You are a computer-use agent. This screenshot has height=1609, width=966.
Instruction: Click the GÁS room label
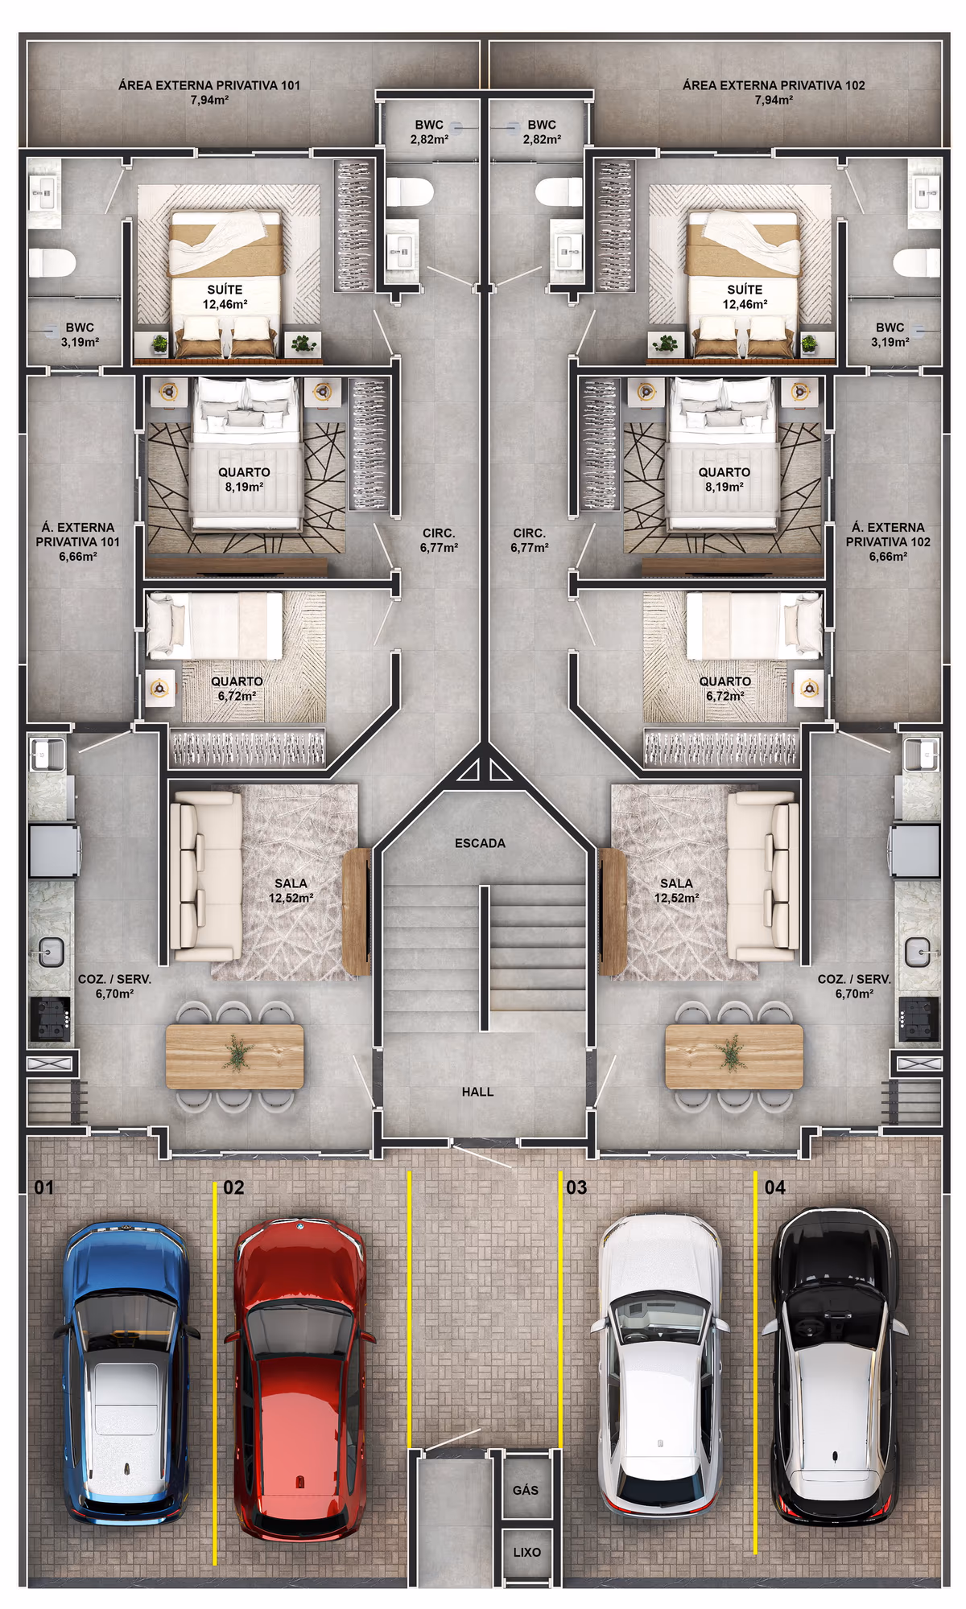point(526,1490)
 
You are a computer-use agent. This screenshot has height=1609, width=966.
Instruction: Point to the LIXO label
point(527,1552)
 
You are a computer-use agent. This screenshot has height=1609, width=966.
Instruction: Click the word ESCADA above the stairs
point(480,843)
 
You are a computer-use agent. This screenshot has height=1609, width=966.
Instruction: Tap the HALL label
point(477,1092)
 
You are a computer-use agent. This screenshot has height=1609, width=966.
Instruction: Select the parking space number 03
point(576,1187)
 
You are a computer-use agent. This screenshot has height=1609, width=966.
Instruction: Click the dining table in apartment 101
point(235,1056)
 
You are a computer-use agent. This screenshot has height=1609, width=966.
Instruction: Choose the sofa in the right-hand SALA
point(763,876)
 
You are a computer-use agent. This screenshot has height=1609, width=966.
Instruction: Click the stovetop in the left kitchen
point(50,1019)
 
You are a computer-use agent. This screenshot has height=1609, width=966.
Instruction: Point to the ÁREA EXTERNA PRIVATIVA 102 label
point(774,85)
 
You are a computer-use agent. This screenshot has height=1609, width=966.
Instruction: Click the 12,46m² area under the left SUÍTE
point(225,305)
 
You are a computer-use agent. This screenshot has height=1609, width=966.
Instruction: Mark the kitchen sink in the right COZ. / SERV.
point(918,953)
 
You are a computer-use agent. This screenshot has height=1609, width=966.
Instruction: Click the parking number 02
point(233,1187)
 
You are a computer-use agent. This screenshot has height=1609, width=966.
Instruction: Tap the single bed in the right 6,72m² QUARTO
point(753,625)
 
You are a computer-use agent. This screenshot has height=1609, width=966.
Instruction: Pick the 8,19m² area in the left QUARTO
point(244,488)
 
